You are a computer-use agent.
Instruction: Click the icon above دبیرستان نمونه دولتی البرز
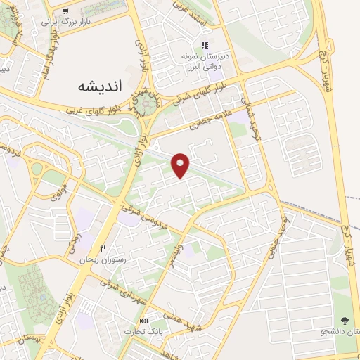click(205, 45)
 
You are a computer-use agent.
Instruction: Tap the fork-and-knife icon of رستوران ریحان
click(103, 248)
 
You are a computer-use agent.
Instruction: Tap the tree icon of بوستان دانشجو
click(344, 320)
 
